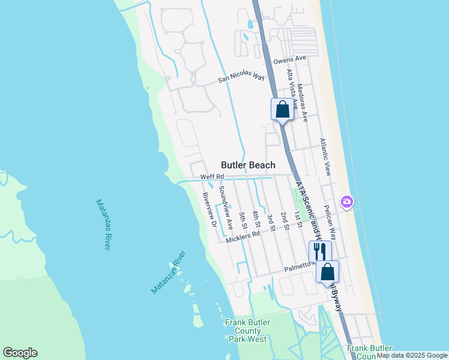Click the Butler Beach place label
pos(248,165)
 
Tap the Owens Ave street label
pos(289,60)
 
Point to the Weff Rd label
pos(211,176)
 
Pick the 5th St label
pos(243,221)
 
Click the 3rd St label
pos(271,222)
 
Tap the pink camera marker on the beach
pos(346,203)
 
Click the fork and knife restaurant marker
pos(320,251)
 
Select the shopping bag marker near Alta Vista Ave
pos(283,110)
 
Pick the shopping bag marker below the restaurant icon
pos(327,272)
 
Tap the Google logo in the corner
pos(20,353)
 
